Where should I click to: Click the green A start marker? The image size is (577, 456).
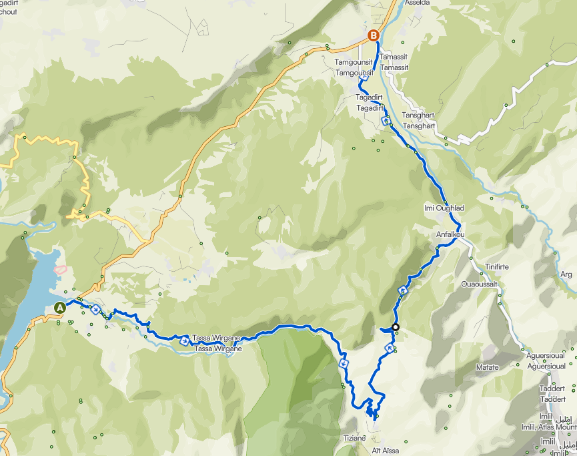(60, 308)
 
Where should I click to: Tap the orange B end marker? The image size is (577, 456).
(373, 35)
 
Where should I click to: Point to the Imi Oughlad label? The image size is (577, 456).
(444, 208)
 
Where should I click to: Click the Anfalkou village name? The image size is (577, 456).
(450, 234)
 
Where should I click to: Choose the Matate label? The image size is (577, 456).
(487, 367)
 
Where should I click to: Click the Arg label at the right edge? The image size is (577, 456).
(566, 274)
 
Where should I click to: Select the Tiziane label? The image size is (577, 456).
(354, 437)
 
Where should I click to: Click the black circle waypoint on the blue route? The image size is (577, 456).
(396, 327)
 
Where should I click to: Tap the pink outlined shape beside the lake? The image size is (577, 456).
(60, 270)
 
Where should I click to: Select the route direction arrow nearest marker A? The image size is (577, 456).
(95, 308)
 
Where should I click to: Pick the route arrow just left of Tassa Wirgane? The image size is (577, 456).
(183, 338)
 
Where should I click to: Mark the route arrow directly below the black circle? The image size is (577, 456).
(390, 348)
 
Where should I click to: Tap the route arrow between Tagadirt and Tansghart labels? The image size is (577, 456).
(386, 121)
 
